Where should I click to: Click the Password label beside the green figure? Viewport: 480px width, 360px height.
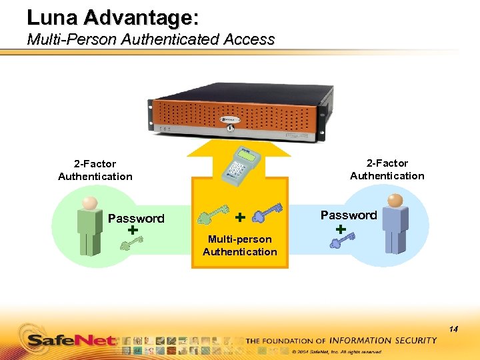pos(136,218)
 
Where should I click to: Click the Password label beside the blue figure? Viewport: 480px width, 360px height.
pos(349,215)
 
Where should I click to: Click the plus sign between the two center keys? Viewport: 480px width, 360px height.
pos(240,217)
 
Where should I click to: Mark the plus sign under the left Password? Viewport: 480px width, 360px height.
pos(133,229)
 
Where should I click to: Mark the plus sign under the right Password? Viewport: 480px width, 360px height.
pos(341,229)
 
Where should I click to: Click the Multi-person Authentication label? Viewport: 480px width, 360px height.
pos(240,245)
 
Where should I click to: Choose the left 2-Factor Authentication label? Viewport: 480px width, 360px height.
pos(95,170)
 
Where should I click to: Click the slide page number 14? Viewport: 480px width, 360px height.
pos(453,329)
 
